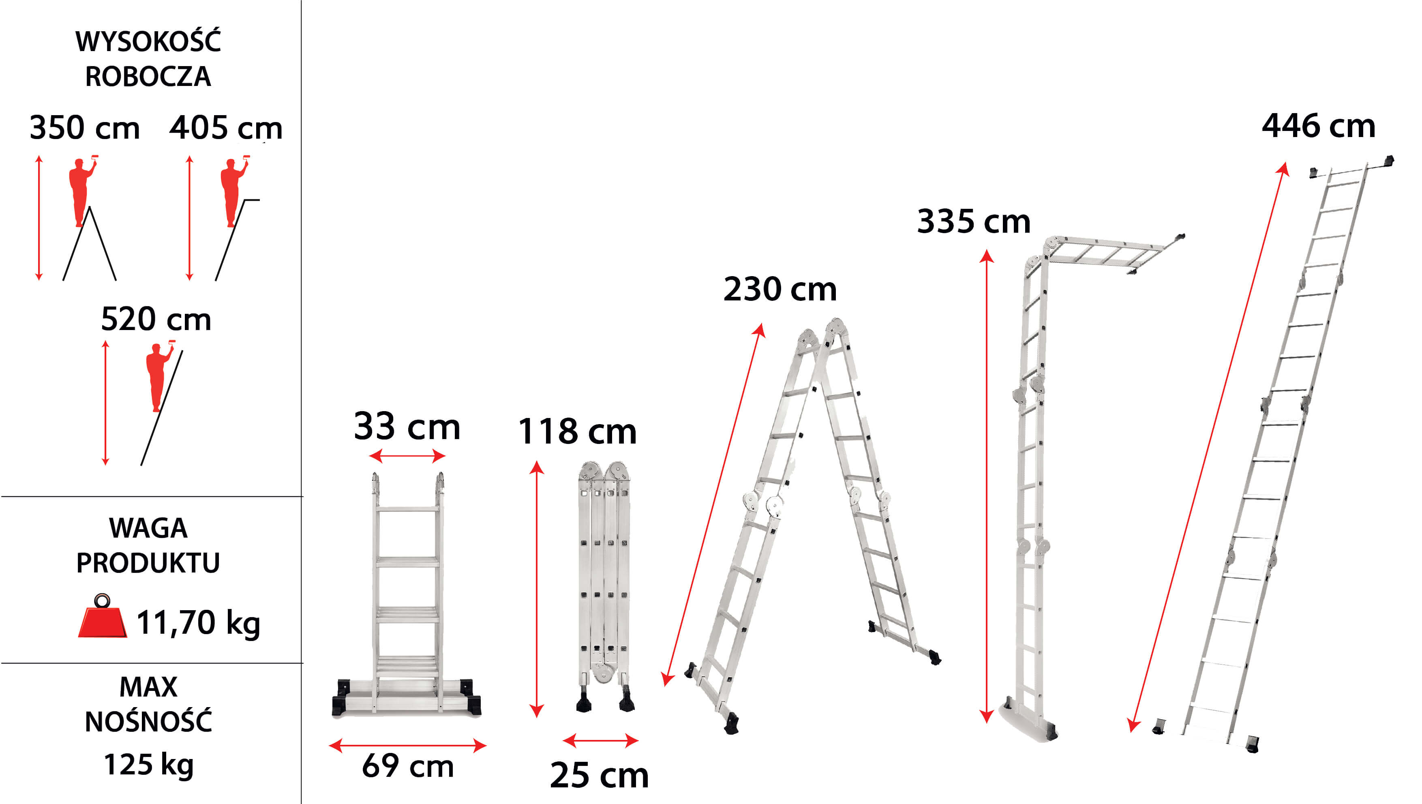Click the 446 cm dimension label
click(x=1318, y=126)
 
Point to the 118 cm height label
click(x=577, y=431)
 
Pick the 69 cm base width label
click(x=408, y=766)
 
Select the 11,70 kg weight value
click(x=198, y=623)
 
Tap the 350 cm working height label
click(x=84, y=128)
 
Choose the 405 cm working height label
click(x=226, y=128)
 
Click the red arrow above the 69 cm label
click(x=407, y=746)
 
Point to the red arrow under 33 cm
click(x=407, y=456)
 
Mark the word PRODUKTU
click(x=148, y=563)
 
